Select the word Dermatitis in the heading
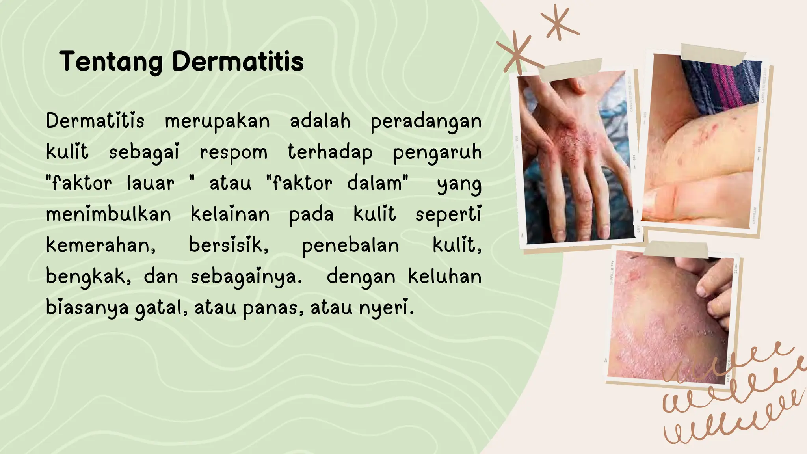tap(238, 62)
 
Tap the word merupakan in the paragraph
tap(217, 121)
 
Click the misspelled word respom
tap(233, 153)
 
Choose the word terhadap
tap(330, 153)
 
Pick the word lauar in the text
tap(151, 183)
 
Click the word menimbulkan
tap(109, 214)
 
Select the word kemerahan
tap(101, 246)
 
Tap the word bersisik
tap(229, 245)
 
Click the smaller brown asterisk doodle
tap(558, 23)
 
